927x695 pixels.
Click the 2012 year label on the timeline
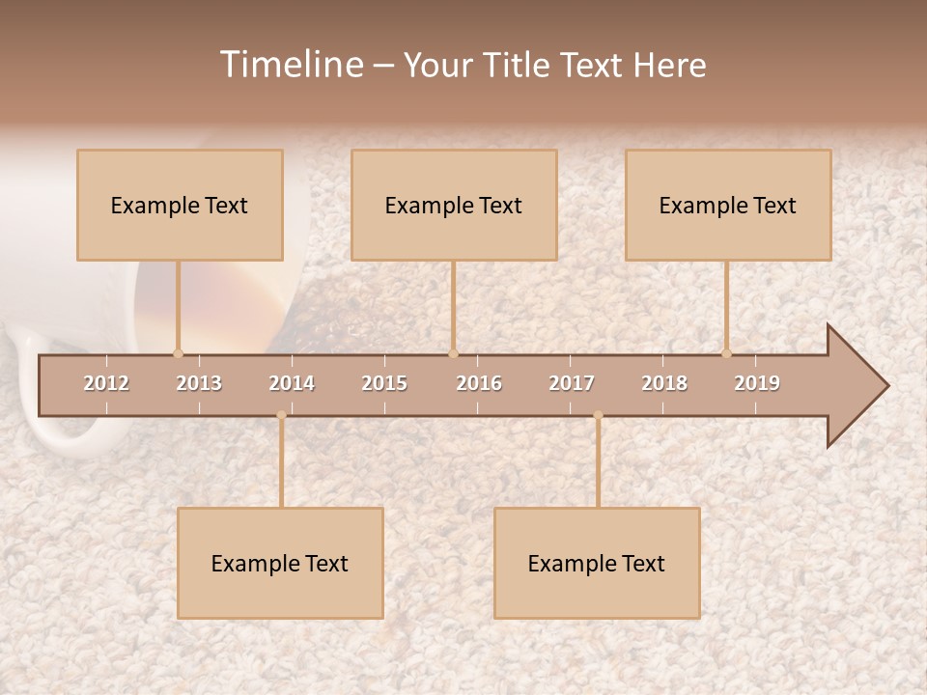pos(106,383)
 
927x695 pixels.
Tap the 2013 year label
pos(199,383)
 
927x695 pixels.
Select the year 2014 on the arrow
pos(292,383)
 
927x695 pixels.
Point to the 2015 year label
pos(384,383)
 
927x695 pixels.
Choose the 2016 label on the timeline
pos(479,383)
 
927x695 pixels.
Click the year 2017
pos(572,383)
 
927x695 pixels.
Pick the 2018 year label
pos(664,383)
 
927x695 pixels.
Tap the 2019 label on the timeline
pos(757,383)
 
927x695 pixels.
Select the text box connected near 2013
pos(180,205)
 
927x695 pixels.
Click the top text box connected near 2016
pos(454,205)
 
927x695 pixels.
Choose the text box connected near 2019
pos(728,205)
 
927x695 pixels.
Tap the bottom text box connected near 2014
pos(280,563)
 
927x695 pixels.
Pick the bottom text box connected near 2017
pos(597,563)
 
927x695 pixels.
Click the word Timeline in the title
pos(291,65)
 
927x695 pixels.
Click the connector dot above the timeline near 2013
pos(178,353)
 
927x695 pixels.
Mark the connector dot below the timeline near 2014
pos(281,415)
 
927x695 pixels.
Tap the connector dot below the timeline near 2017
pos(598,415)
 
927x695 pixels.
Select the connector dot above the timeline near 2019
pos(726,353)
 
